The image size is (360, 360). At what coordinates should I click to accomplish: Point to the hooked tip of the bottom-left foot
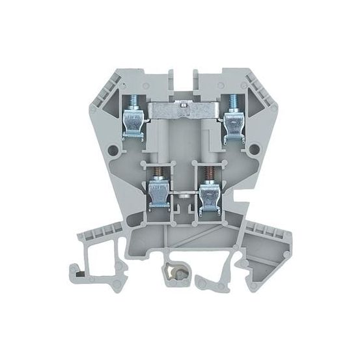(75, 269)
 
